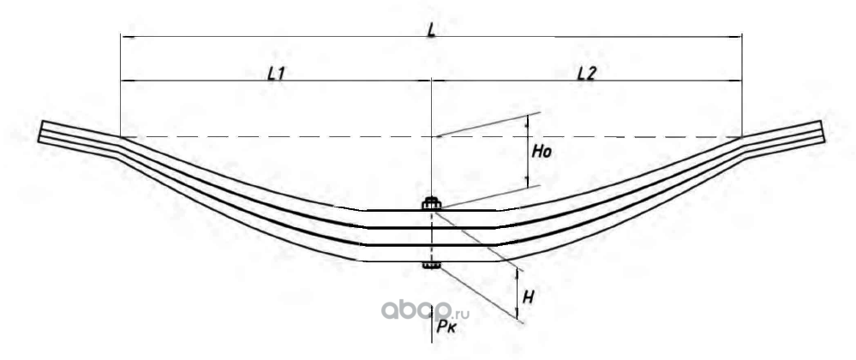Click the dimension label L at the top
click(432, 28)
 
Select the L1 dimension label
click(275, 74)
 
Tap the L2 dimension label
click(586, 74)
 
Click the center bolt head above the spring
click(431, 203)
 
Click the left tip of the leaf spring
click(41, 133)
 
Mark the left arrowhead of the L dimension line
click(123, 37)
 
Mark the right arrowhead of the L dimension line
click(740, 37)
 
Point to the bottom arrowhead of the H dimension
click(518, 315)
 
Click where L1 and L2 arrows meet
click(431, 81)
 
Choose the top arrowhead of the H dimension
click(518, 270)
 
